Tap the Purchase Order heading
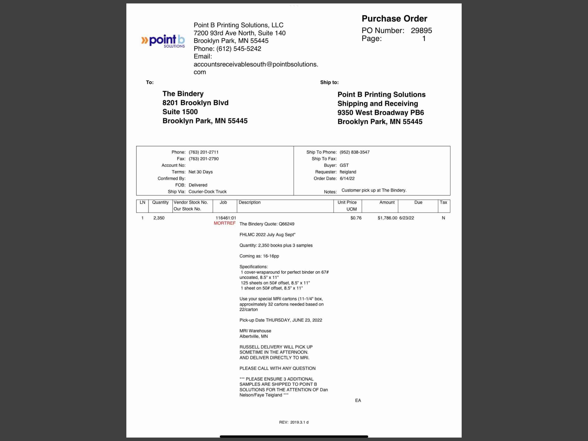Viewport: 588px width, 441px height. click(x=394, y=19)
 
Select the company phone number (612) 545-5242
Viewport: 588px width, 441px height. click(x=238, y=49)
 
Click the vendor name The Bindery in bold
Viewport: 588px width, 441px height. click(x=183, y=94)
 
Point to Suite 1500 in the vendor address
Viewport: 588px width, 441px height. click(x=180, y=112)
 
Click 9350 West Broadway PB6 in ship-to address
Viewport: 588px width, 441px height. click(x=380, y=112)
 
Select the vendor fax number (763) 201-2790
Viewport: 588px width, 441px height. click(x=203, y=159)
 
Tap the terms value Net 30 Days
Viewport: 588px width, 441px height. click(x=200, y=172)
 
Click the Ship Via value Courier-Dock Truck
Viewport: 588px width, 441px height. click(x=207, y=191)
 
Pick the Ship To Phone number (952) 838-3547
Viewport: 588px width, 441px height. click(x=354, y=152)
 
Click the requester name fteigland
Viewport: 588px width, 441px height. click(x=348, y=172)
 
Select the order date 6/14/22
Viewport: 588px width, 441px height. click(x=347, y=179)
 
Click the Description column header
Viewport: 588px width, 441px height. click(x=249, y=202)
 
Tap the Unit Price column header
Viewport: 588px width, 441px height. click(x=347, y=202)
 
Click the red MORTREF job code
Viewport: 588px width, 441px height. click(x=225, y=223)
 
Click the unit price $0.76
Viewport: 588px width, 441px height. click(x=356, y=218)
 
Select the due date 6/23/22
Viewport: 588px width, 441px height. click(x=406, y=218)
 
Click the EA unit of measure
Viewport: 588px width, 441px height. click(x=358, y=400)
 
